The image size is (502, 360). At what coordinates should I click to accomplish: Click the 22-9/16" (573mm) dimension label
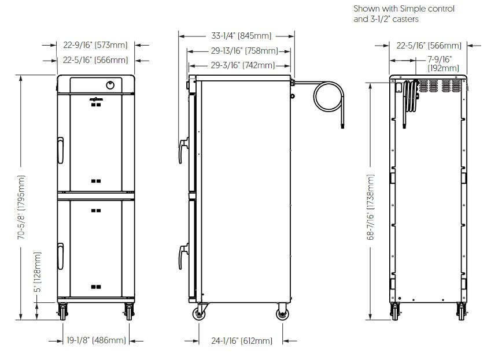click(95, 45)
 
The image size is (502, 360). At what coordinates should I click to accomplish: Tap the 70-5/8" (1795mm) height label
click(21, 207)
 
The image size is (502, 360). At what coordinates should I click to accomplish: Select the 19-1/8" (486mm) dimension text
click(96, 340)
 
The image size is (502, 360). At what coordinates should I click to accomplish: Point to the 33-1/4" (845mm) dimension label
click(241, 35)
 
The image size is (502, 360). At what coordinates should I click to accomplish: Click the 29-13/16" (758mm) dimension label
click(244, 50)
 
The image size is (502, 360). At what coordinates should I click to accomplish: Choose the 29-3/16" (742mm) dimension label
click(243, 65)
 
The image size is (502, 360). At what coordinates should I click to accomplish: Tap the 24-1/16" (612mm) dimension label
click(242, 340)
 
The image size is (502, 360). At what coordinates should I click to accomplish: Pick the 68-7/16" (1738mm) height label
click(370, 207)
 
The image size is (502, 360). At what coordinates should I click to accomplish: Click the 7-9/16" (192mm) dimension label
click(444, 64)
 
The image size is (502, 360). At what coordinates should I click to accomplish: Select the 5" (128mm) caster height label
click(38, 272)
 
